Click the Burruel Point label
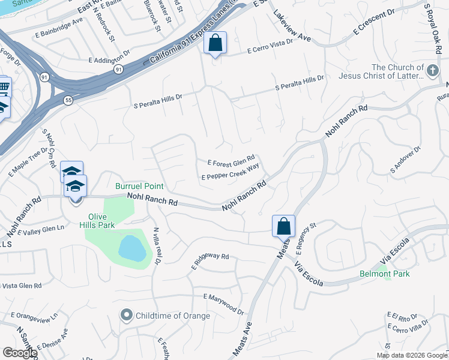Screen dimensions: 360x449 click(x=140, y=187)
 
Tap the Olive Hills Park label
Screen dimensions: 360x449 click(x=101, y=220)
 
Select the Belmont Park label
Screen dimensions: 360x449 click(x=384, y=274)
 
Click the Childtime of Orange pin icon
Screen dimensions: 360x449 click(x=126, y=315)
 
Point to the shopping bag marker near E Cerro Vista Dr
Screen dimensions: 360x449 click(x=215, y=43)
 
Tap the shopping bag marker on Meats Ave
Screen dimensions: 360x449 click(x=283, y=227)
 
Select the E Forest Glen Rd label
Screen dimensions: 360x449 click(x=232, y=162)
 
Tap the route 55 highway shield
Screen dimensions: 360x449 click(x=69, y=100)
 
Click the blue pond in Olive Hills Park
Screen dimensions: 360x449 click(x=132, y=248)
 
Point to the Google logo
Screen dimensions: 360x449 click(x=20, y=353)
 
